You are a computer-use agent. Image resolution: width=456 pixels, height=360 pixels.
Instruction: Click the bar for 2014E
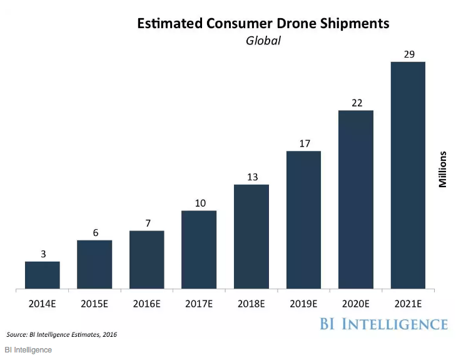pos(42,275)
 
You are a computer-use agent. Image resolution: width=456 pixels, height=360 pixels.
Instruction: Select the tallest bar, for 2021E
pos(408,175)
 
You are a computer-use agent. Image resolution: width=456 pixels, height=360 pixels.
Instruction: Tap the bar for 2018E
pos(251,237)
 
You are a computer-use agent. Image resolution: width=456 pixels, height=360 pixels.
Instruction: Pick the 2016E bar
pos(146,260)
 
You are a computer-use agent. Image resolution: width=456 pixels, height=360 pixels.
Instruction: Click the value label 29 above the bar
pos(408,54)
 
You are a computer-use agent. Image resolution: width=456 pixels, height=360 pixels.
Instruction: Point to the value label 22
pos(356,103)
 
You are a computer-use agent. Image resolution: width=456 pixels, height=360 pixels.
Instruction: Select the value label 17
pos(303,143)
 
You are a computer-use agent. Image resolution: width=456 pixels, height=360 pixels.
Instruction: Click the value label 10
pos(199,203)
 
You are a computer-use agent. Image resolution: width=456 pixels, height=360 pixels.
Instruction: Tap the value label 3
pos(42,254)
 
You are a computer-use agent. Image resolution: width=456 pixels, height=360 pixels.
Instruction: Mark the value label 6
pos(94,232)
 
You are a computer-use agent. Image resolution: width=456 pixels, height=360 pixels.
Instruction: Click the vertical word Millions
pos(443,169)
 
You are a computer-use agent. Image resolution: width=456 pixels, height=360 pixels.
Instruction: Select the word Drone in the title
pos(265,24)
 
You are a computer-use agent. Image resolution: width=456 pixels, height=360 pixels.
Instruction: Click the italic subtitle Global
pos(263,41)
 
